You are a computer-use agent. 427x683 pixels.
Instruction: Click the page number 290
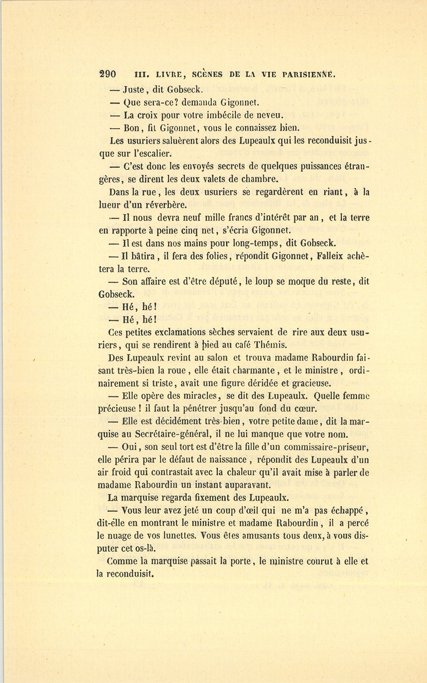(107, 75)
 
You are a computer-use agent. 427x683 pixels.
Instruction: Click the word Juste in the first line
(134, 89)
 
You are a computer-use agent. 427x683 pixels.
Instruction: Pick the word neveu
(269, 115)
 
